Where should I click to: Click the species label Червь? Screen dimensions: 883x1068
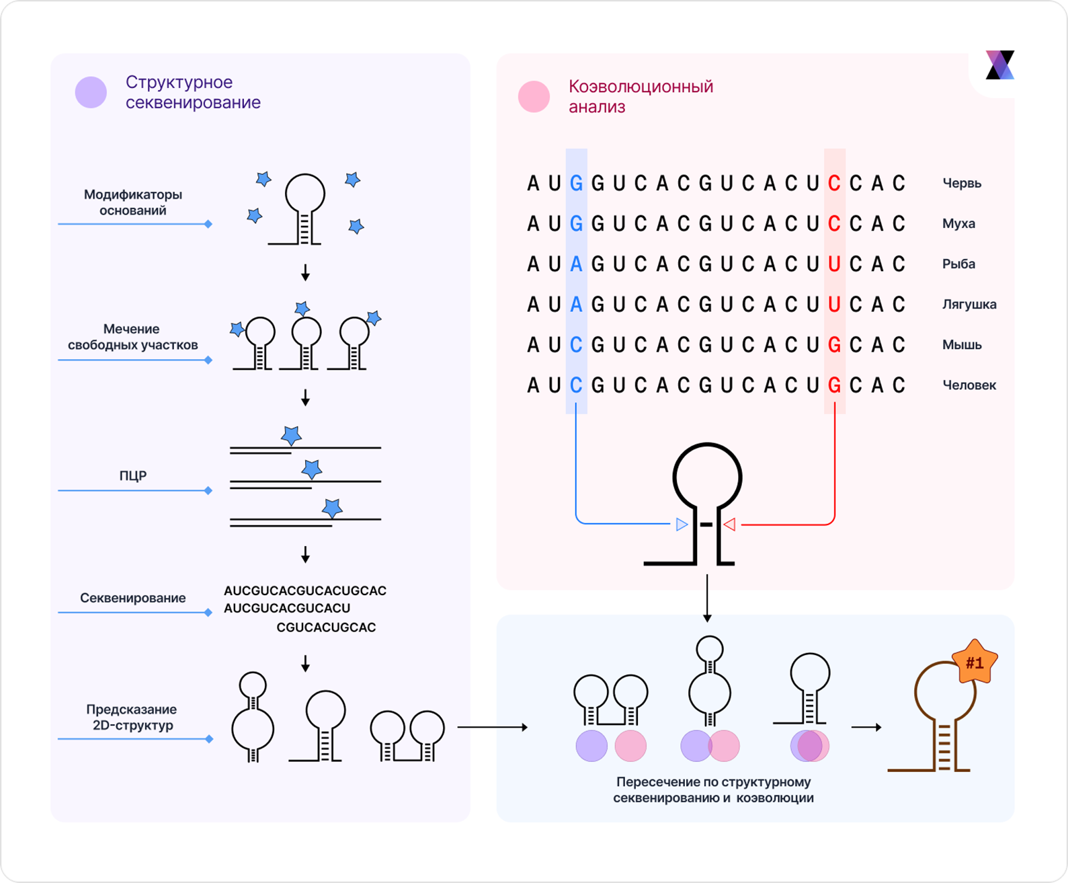962,183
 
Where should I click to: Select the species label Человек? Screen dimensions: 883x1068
969,385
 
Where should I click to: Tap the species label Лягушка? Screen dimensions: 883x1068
969,304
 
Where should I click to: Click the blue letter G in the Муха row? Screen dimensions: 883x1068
576,223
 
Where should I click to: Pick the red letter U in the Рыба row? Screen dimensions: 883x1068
834,264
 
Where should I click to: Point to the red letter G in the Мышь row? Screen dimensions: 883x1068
834,345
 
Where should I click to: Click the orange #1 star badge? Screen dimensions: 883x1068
974,663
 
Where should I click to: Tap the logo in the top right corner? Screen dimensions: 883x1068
999,65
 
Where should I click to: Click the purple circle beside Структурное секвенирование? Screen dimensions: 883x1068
91,92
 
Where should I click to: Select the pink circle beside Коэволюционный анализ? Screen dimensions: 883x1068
534,96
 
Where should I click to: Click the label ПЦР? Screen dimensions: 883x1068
133,475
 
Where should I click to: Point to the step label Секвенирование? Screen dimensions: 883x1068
133,598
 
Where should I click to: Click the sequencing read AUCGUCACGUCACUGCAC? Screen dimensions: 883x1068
305,590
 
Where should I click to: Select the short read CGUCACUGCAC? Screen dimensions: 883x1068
326,627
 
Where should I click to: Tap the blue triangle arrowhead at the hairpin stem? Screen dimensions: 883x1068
682,524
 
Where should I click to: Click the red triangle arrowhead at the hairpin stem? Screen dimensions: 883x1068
729,524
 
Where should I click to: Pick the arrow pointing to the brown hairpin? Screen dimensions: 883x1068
866,727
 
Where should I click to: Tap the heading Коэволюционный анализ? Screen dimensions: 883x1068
641,96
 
